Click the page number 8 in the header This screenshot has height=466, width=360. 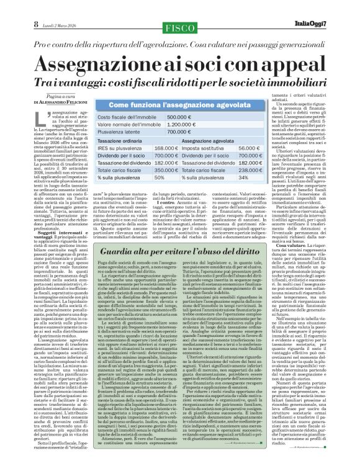pyautogui.click(x=11, y=8)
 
